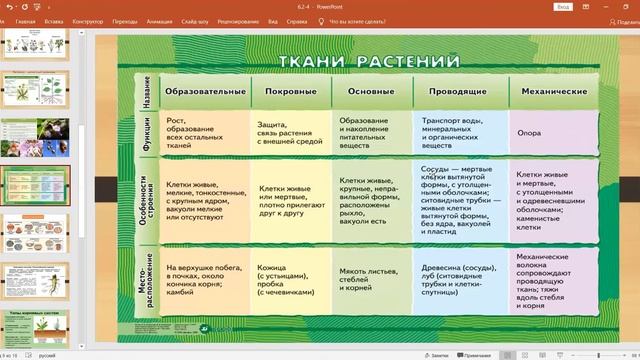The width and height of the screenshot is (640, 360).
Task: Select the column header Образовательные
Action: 205,91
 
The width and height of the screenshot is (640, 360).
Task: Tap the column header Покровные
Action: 291,91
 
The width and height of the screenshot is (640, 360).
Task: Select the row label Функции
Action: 146,131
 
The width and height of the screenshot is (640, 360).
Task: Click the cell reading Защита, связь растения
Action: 291,131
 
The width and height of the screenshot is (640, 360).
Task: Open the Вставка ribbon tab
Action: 54,19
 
